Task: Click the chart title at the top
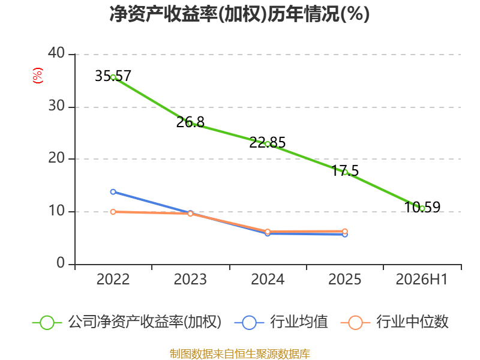(x=239, y=14)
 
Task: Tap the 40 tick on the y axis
(x=56, y=53)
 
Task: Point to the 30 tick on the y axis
(x=56, y=106)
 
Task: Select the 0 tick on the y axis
(x=61, y=263)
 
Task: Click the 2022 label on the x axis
(x=113, y=280)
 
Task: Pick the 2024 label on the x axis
(x=268, y=280)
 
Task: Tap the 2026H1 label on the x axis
(x=422, y=280)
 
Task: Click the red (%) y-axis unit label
(x=38, y=76)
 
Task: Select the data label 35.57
(x=113, y=76)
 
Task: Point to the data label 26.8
(x=190, y=122)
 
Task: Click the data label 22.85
(x=267, y=142)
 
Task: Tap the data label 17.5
(x=345, y=170)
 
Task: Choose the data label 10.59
(x=422, y=207)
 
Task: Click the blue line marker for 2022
(x=113, y=191)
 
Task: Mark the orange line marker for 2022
(x=113, y=212)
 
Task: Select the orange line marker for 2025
(x=344, y=232)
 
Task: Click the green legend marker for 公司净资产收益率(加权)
(x=47, y=323)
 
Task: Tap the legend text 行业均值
(x=299, y=322)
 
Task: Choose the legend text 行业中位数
(x=412, y=322)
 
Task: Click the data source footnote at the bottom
(x=239, y=354)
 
